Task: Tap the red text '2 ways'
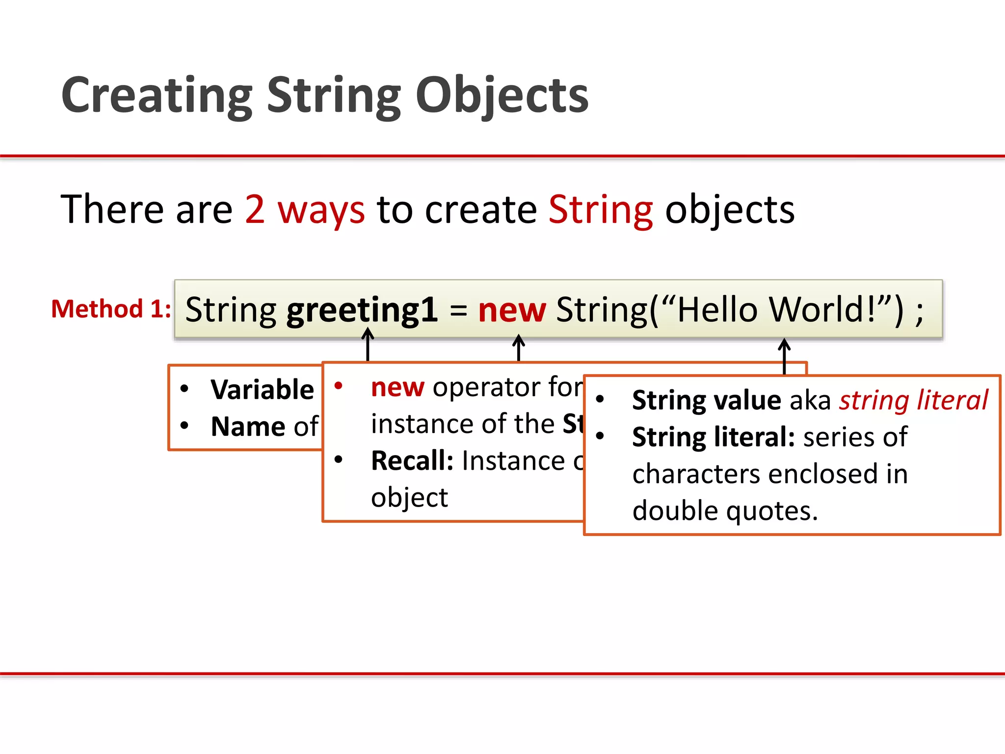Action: pos(305,210)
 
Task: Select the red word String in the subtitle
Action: pos(601,210)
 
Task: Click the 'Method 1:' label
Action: pos(111,309)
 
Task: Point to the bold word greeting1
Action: pos(362,310)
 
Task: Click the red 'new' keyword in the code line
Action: pos(512,310)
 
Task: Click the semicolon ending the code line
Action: pos(919,311)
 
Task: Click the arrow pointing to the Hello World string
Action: pos(784,356)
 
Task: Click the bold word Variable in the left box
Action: pos(262,390)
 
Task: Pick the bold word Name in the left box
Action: pos(248,426)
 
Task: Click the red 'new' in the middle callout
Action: pos(397,387)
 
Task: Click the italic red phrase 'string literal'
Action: pos(913,400)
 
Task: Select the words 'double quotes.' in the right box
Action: pos(725,511)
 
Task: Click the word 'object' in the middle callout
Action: pos(409,498)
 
